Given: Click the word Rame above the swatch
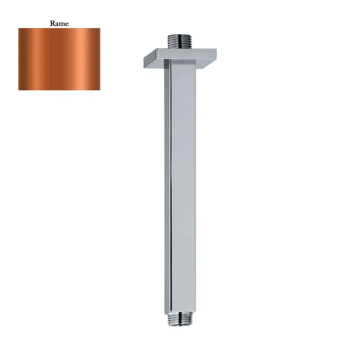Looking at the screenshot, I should point(59,24).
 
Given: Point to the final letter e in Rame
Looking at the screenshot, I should point(67,24).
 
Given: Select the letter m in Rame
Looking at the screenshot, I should point(62,24).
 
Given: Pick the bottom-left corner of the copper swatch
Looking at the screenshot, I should point(19,90).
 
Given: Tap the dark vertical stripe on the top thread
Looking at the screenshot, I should point(172,41).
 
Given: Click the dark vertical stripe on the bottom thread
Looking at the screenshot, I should point(172,320).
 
